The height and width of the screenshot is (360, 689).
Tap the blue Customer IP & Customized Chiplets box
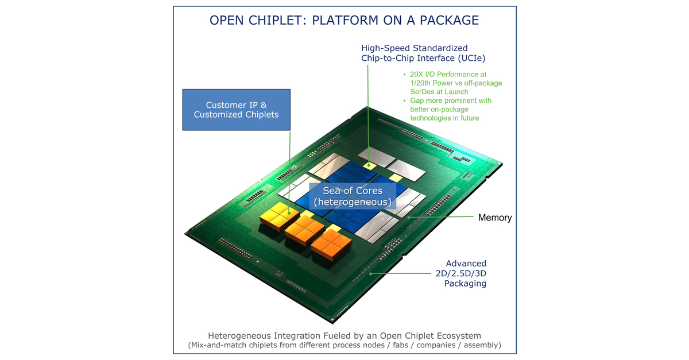(236, 110)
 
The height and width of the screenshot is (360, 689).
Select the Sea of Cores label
(353, 191)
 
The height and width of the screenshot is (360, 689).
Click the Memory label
(494, 218)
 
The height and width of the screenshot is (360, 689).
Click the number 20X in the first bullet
(416, 75)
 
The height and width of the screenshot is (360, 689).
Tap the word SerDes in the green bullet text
(422, 92)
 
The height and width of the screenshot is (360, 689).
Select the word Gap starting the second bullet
(417, 100)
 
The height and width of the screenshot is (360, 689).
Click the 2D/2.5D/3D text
(457, 273)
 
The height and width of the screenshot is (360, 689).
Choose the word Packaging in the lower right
(465, 283)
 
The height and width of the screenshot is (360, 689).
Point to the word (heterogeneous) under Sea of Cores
(353, 202)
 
